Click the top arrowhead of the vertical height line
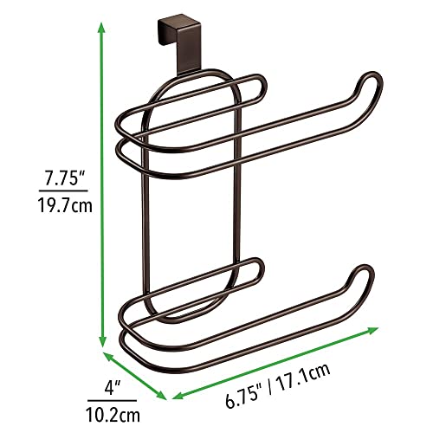(104, 27)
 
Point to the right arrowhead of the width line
(374, 330)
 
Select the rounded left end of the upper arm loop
(118, 139)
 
